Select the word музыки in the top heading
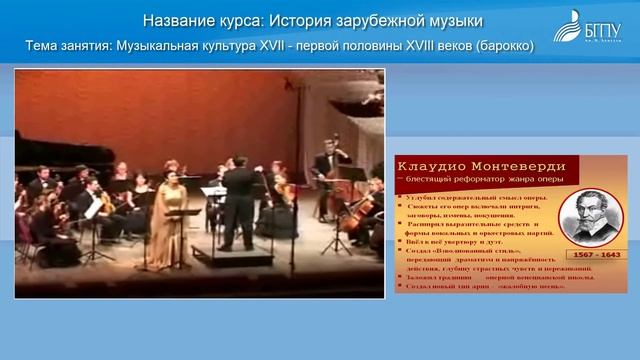[x=454, y=20]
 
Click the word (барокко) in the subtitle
[x=493, y=46]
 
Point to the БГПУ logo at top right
[x=596, y=27]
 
